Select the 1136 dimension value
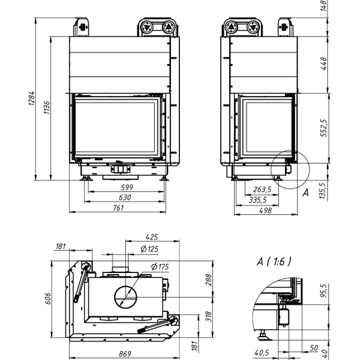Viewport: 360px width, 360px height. (47, 106)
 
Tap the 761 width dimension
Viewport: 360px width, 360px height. (118, 208)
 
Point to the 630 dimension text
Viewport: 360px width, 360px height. (125, 197)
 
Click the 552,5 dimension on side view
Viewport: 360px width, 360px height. (325, 128)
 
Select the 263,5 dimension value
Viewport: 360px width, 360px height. (262, 190)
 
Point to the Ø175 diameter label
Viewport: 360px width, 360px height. (158, 266)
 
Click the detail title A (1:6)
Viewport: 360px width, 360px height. (273, 262)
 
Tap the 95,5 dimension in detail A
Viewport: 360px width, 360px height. (325, 290)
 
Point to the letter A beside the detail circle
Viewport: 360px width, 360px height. (305, 193)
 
